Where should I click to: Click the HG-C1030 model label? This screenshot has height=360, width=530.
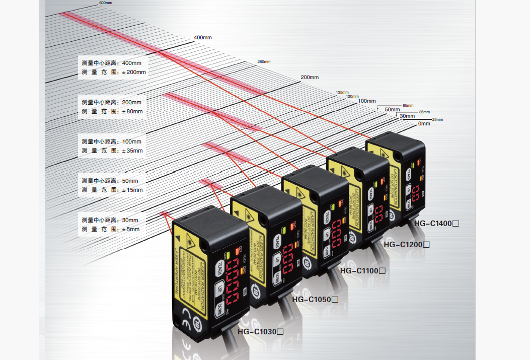(261, 331)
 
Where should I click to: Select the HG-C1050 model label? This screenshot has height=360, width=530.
(315, 299)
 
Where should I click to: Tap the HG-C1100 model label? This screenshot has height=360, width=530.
(363, 270)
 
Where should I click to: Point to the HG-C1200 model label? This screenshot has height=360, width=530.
(407, 245)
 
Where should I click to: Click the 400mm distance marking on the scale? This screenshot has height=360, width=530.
(203, 38)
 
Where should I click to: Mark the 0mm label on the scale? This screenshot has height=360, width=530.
(424, 123)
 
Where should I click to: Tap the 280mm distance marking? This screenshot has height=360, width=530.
(264, 61)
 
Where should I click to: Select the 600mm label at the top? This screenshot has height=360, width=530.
(105, 3)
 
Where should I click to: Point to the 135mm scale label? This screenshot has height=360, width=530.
(342, 92)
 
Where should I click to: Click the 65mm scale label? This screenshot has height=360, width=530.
(408, 105)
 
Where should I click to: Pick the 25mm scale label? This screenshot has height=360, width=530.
(437, 119)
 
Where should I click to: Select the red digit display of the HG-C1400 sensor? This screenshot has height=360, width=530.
(417, 193)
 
